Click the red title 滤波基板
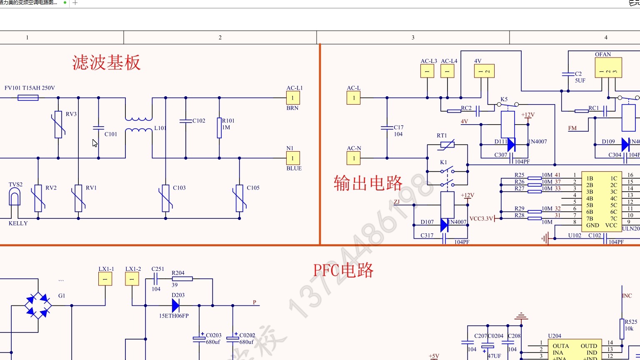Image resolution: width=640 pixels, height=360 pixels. point(106,63)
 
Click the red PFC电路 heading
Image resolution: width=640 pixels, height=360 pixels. point(343,270)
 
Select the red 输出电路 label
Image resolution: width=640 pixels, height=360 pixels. point(368,183)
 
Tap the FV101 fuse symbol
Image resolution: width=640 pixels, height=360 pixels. point(28,98)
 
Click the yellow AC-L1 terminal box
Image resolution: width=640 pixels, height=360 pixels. point(292,98)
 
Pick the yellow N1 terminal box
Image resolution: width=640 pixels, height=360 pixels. point(292,158)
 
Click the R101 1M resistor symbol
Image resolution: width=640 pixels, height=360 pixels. point(219,127)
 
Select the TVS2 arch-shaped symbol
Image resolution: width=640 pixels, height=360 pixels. point(15,197)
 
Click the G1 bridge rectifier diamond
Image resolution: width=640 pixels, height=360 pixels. point(38,306)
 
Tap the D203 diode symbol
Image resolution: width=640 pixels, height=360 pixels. point(175,306)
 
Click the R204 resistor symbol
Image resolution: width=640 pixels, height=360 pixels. point(182,279)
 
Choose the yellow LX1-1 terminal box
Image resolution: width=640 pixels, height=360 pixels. point(105,279)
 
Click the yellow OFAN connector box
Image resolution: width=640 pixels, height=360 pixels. point(608,68)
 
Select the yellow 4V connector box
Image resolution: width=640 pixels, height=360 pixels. point(484,71)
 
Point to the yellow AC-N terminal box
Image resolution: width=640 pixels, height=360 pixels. point(353,158)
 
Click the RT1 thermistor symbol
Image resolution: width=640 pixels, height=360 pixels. point(447,145)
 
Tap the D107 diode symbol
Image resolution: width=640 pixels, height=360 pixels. point(444,225)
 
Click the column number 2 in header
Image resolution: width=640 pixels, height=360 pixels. point(220,37)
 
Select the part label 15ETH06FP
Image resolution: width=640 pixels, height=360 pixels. point(174,316)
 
